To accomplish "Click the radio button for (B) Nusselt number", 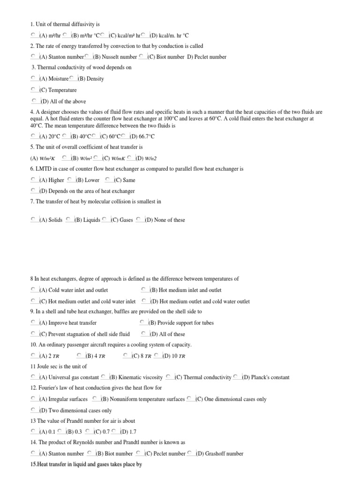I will click(87, 57).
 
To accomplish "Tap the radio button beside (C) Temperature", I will click(33, 90).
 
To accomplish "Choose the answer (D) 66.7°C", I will click(142, 136).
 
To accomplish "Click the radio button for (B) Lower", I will click(69, 180).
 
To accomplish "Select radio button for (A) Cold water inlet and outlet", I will click(33, 290).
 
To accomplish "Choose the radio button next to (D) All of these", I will click(143, 334).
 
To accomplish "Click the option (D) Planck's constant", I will click(266, 377).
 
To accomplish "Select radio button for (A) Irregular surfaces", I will click(33, 399).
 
